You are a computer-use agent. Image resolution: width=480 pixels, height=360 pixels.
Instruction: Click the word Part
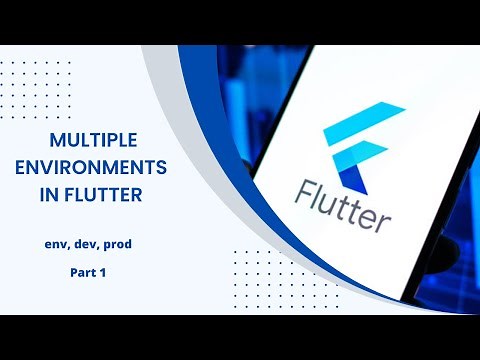pos(83,271)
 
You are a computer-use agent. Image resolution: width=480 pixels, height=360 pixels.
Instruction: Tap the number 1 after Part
pos(103,271)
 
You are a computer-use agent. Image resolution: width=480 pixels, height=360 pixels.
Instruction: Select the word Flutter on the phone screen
pos(343,201)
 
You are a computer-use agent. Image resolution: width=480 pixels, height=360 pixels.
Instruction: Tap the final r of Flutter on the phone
pos(382,217)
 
